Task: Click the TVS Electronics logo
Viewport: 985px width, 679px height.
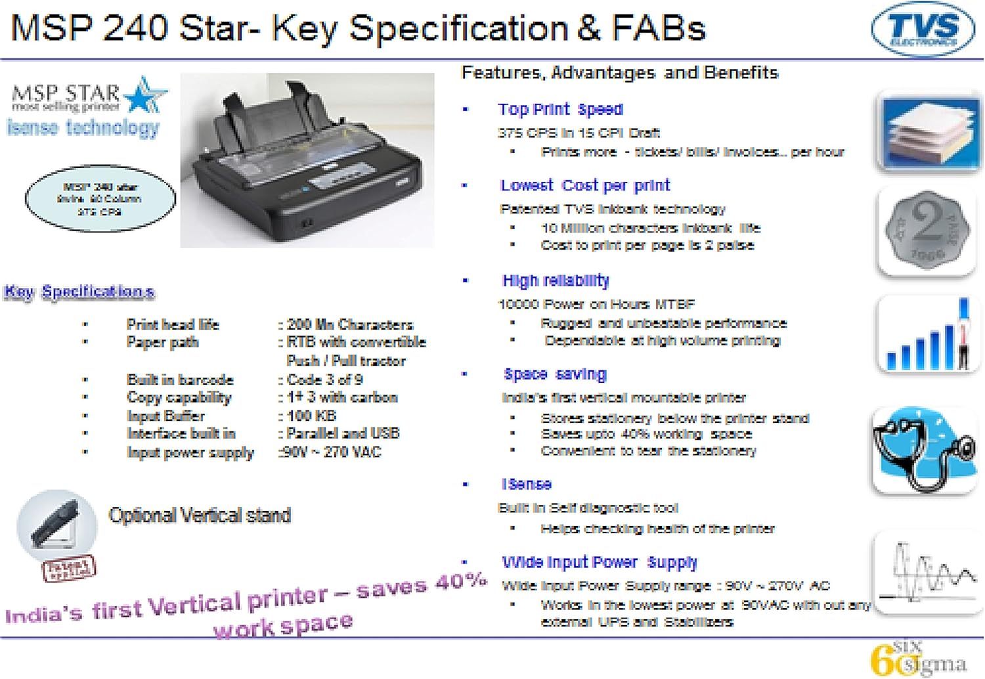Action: point(923,30)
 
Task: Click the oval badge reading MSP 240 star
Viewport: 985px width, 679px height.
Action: point(100,199)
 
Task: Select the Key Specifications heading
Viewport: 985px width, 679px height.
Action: point(79,292)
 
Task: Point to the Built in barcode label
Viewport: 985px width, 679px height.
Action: point(180,380)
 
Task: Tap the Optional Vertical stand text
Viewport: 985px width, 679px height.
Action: point(200,515)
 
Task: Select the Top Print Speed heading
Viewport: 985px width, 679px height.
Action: point(559,110)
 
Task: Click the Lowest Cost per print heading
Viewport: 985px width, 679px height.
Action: point(584,186)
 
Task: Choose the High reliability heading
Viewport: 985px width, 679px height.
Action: point(556,281)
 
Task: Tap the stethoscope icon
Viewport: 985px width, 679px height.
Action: point(925,450)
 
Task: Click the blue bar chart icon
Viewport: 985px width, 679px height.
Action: point(927,335)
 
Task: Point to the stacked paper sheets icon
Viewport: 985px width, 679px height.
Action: point(928,132)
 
